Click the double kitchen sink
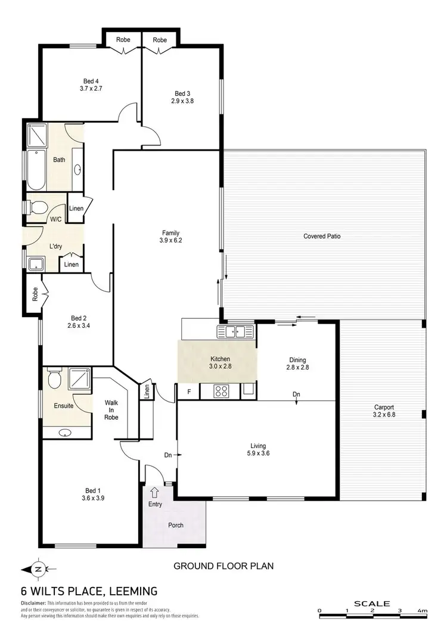pyautogui.click(x=236, y=332)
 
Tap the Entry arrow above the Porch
pyautogui.click(x=155, y=492)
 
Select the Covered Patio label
pyautogui.click(x=322, y=236)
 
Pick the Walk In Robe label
pyautogui.click(x=111, y=410)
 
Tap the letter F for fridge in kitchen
pyautogui.click(x=188, y=392)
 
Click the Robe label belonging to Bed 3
pyautogui.click(x=159, y=40)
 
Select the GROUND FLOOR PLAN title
pyautogui.click(x=223, y=566)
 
